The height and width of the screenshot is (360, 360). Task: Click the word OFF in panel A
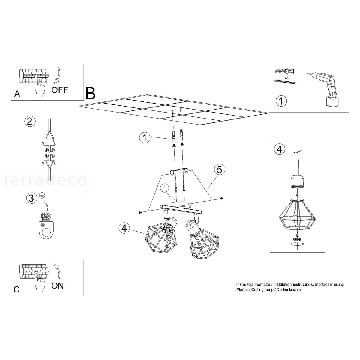pos(60,90)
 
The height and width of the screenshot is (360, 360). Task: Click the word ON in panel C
pos(57,286)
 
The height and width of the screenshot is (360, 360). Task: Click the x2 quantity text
pos(286,77)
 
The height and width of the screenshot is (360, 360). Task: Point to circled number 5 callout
pos(219,169)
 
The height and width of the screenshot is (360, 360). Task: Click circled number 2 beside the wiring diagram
pos(30,121)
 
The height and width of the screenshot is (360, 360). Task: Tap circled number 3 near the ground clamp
pos(31,198)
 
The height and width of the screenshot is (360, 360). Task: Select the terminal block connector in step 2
pos(49,153)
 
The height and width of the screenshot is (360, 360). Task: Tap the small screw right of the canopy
pos(222,198)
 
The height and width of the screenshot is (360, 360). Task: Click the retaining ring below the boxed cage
pos(297,239)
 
